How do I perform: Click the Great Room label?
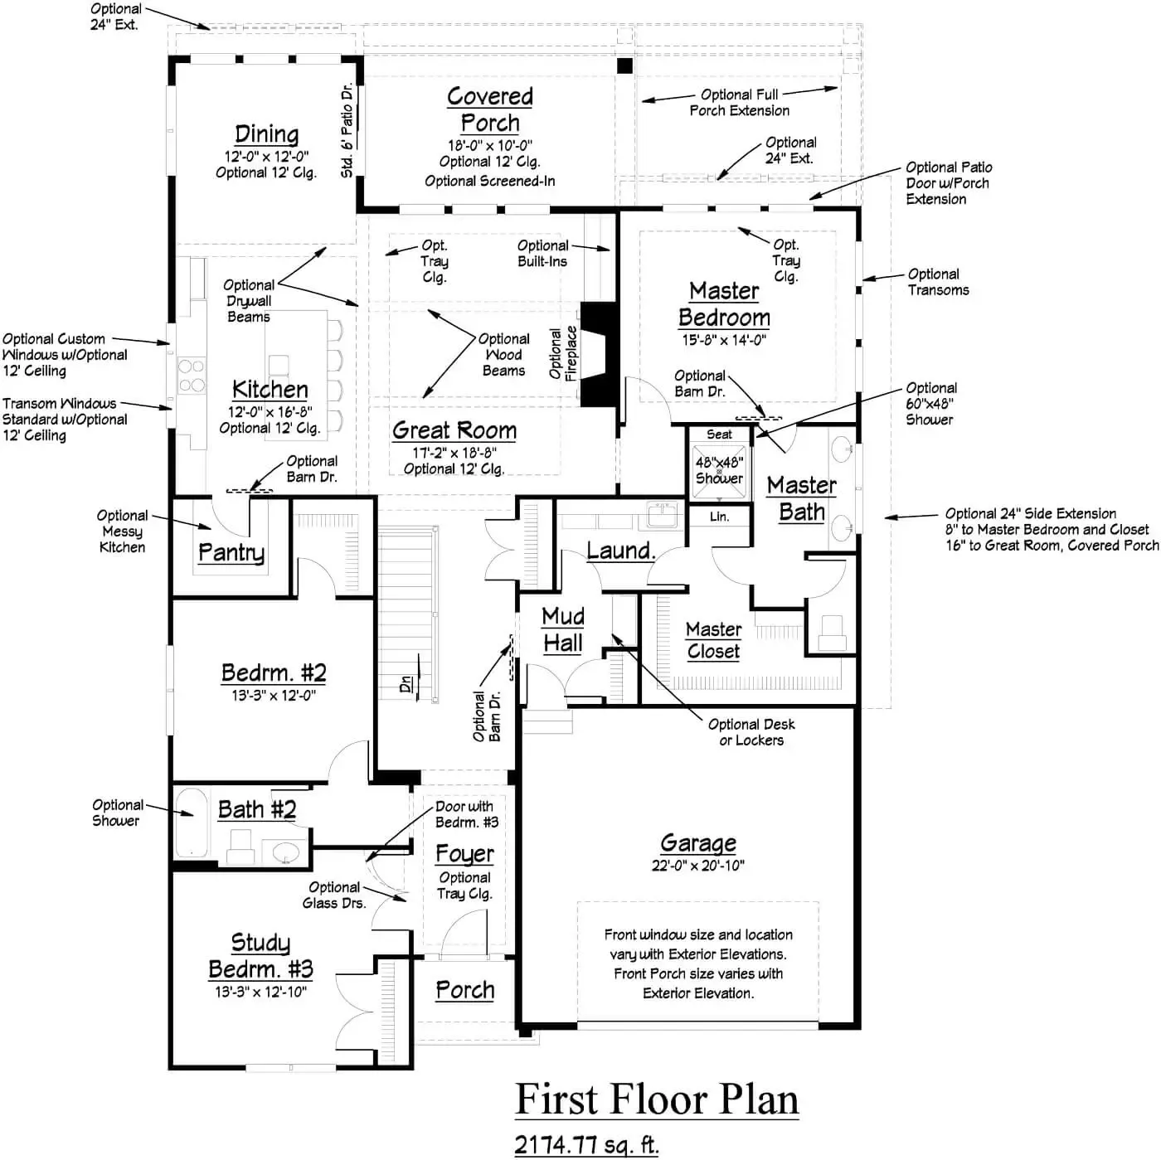pos(454,430)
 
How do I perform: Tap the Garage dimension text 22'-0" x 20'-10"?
pos(697,866)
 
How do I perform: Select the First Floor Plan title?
pos(657,1099)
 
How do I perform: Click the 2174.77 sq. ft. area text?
pos(586,1144)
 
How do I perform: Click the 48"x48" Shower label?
pos(719,470)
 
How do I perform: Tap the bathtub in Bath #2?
pos(192,823)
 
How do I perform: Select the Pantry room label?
pos(231,552)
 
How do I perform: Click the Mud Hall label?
pos(563,629)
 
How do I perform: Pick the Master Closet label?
pos(713,640)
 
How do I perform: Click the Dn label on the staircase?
pos(406,684)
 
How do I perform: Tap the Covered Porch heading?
pos(489,109)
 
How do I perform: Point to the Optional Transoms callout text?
pos(938,282)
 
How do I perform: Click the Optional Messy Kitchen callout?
pos(122,531)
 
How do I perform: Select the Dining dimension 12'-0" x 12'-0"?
pos(266,156)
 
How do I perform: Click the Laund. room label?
pos(620,551)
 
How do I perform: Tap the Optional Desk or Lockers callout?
pos(751,732)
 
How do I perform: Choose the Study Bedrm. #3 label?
pos(260,956)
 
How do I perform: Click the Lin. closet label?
pos(719,517)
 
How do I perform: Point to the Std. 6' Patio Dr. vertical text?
pos(347,130)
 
